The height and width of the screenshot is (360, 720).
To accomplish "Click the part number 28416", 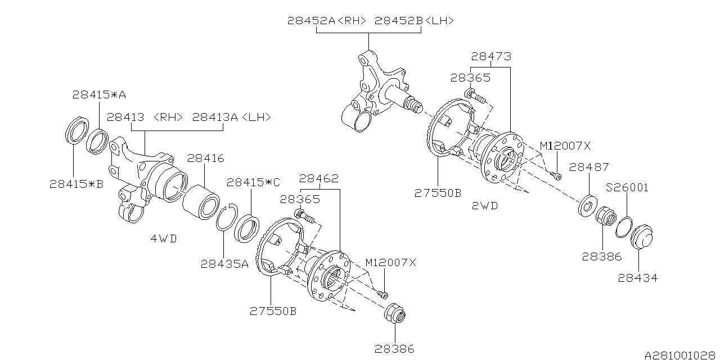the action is pos(205,158).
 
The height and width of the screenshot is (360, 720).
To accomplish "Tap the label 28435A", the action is pos(224,264).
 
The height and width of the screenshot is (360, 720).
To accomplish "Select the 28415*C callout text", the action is pos(253,183).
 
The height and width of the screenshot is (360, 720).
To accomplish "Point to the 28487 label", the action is pos(589,167).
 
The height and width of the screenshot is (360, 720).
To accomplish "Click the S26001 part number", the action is pos(627,187).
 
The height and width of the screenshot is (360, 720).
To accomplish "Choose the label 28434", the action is pos(638,278).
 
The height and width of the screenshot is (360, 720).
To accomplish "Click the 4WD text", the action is pos(164,238).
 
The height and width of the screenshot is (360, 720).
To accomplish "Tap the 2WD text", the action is pos(485,206).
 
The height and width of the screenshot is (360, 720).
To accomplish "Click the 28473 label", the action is pos(491,57).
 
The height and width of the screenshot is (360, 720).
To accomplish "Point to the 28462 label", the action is pos(319,178).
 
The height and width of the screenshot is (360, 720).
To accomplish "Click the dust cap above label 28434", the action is pos(641,237).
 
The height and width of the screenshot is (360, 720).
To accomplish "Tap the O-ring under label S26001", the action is pos(624,227).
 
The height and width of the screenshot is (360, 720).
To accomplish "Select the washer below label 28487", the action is pos(588,206).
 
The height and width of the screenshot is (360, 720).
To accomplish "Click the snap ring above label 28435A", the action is pos(227,217).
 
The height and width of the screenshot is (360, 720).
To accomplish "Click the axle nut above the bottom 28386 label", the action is pos(395,312).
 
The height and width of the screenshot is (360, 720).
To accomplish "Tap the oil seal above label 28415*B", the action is pos(77,130).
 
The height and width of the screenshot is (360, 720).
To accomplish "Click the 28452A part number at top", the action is pos(311,21).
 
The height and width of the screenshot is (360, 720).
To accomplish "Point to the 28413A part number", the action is pos(215,118).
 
